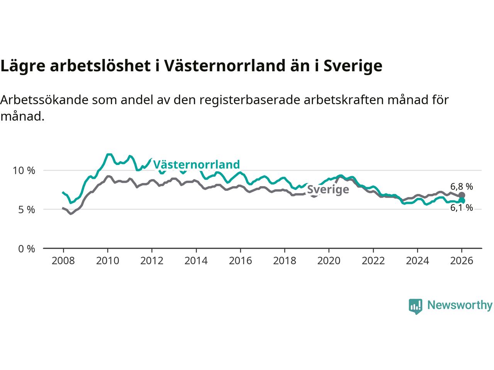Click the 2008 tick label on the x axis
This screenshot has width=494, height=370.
(x=63, y=261)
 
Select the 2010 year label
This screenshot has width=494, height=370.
(x=107, y=261)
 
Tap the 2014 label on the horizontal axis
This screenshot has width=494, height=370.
(x=196, y=261)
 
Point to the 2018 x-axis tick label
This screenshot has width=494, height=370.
(x=284, y=261)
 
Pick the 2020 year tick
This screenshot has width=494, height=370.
(x=329, y=261)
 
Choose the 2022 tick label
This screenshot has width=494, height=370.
(x=373, y=261)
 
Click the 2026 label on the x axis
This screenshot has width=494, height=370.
(x=462, y=261)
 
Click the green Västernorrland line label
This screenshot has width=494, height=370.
(x=196, y=165)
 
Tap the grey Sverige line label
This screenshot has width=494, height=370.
(x=328, y=189)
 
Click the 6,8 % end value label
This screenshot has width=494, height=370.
(x=462, y=187)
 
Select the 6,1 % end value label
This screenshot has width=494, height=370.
(x=462, y=208)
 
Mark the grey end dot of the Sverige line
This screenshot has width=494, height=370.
(x=462, y=195)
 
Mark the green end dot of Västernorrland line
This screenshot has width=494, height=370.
(x=462, y=201)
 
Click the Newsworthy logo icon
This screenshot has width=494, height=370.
(x=415, y=306)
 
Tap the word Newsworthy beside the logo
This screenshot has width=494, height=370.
(x=460, y=305)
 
